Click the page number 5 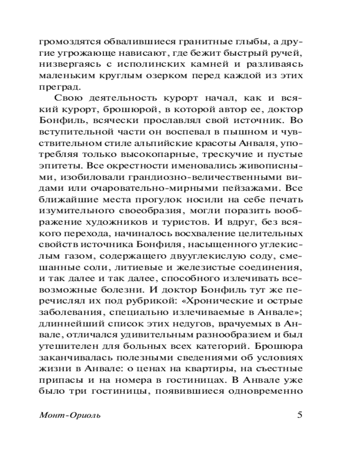click(300, 414)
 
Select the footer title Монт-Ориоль click(70, 415)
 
